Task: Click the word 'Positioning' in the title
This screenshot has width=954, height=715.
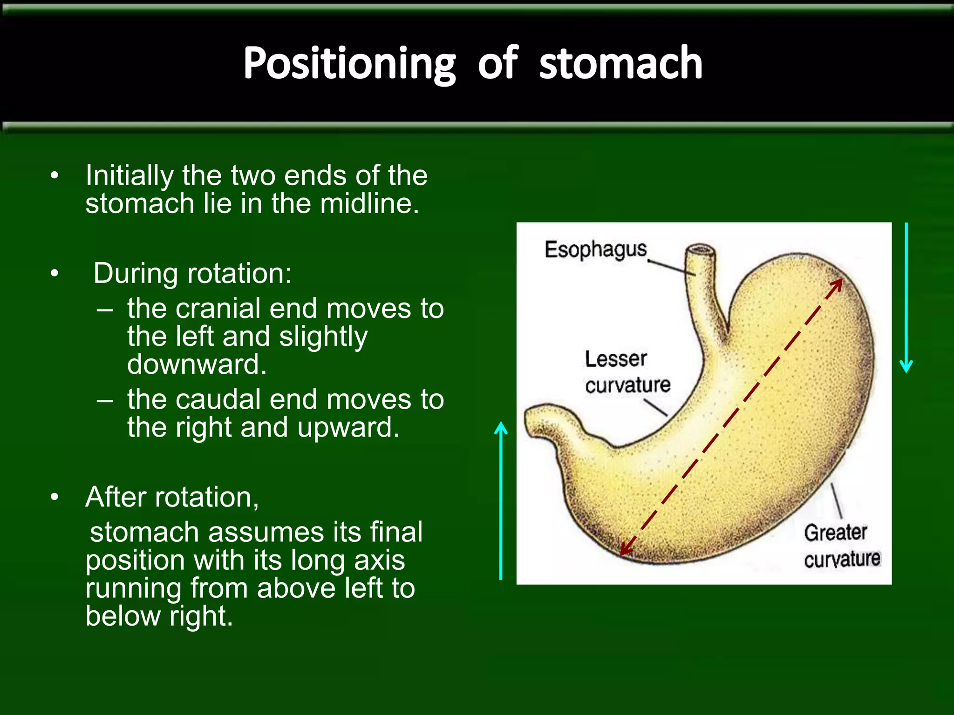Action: point(349,64)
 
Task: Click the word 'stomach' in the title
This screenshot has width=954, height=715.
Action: point(620,64)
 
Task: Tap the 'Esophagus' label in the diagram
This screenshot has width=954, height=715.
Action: point(596,250)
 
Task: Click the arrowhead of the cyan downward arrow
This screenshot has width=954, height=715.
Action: point(906,367)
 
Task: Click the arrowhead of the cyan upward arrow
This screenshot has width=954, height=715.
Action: point(501,427)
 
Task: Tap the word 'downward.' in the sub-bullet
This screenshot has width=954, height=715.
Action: point(197,364)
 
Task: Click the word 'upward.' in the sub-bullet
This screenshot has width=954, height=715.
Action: point(348,427)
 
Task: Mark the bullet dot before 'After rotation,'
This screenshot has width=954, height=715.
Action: point(55,498)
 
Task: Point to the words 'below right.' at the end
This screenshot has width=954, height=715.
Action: point(159,616)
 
